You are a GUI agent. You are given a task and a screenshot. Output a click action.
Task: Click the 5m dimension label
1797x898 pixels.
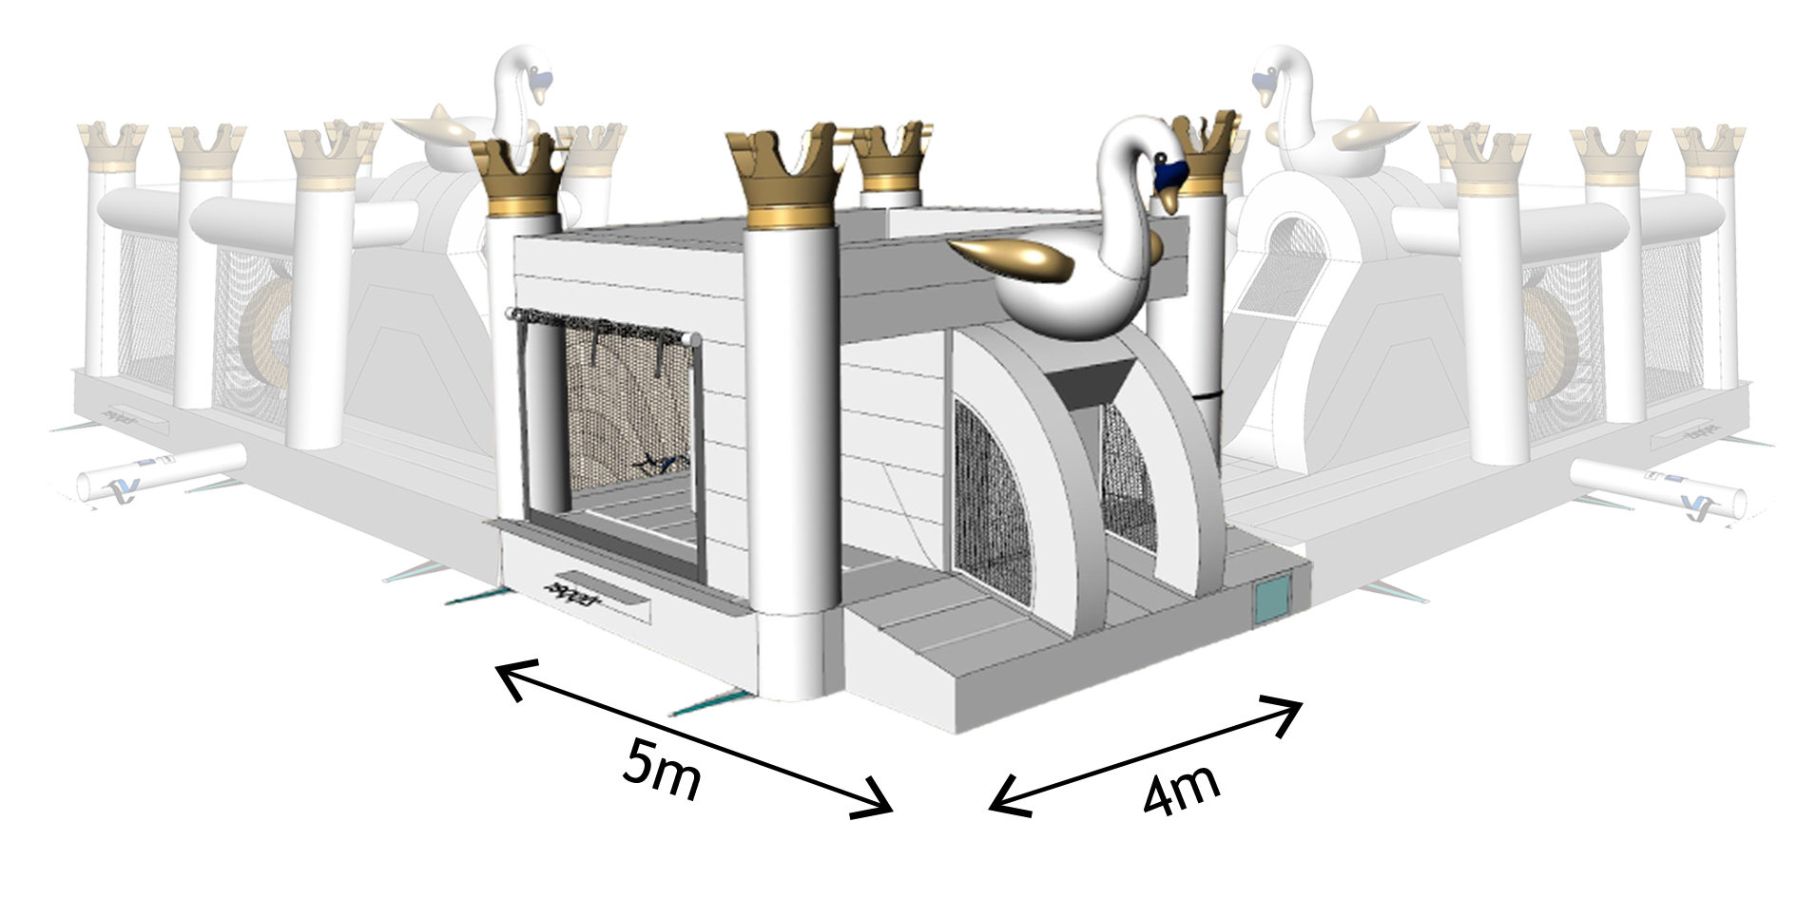(663, 767)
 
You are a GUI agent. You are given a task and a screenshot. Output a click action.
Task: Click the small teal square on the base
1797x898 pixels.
(1269, 601)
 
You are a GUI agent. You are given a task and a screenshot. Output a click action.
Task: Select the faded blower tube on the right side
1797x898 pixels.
(1658, 486)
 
